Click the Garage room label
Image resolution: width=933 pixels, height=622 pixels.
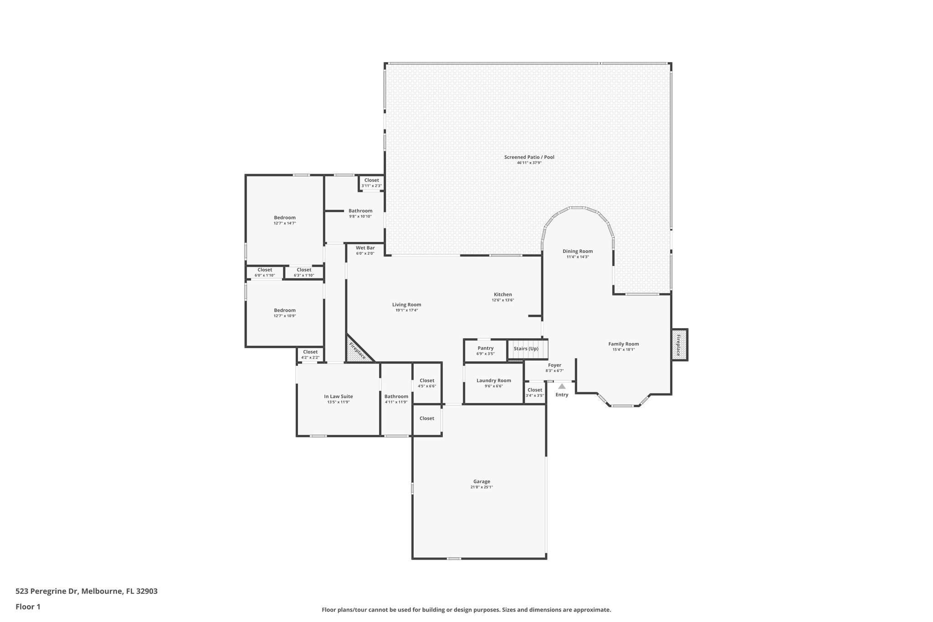click(482, 481)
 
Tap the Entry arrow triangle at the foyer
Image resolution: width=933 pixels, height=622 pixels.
click(562, 386)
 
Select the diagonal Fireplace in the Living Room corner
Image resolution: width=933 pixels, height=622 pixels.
click(358, 350)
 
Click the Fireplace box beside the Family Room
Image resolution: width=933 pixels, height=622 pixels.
click(679, 345)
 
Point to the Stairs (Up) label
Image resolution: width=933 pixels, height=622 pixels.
click(526, 349)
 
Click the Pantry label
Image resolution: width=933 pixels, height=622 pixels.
click(486, 348)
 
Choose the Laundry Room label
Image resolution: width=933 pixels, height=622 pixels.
click(494, 380)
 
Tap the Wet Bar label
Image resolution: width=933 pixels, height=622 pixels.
click(365, 248)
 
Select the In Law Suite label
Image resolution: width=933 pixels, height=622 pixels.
click(338, 396)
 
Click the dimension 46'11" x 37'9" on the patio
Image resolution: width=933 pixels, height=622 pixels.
click(529, 163)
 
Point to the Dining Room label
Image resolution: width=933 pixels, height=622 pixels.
click(578, 251)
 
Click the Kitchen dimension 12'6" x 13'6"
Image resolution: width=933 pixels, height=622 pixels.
click(503, 300)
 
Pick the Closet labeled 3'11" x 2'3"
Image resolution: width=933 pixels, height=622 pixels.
click(372, 180)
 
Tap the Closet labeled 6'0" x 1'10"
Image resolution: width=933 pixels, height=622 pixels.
click(265, 270)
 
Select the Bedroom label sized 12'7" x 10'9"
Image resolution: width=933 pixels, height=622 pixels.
click(285, 310)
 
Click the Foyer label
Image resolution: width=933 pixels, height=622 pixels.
click(554, 365)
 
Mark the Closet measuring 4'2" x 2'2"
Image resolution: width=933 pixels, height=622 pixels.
click(310, 352)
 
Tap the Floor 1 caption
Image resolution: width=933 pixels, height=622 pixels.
click(28, 607)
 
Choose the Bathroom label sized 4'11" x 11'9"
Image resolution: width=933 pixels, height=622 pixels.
click(396, 396)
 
